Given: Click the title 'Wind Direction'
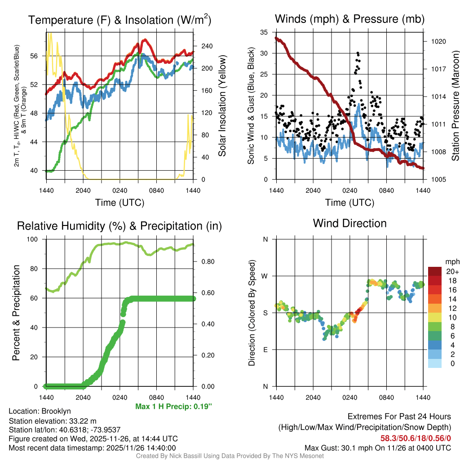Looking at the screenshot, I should (349, 223).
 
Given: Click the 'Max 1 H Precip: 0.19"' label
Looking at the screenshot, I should (173, 406).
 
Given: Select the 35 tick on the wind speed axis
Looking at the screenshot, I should (264, 32).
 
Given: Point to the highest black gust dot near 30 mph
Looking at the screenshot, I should (358, 53).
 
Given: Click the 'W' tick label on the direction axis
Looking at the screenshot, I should (265, 276).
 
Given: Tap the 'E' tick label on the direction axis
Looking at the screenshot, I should (265, 349).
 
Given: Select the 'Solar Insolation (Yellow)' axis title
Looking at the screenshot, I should (222, 106).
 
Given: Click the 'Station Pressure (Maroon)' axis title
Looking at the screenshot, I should (455, 106).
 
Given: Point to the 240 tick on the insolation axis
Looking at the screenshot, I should (207, 46).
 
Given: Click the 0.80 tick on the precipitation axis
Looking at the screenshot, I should (208, 261).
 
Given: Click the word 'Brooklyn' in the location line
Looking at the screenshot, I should (56, 411).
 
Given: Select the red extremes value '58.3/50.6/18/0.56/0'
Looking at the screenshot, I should (416, 438).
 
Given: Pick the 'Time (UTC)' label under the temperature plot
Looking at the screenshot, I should (119, 203).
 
